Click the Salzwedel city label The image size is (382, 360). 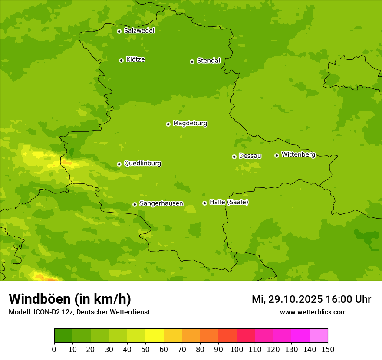click(x=139, y=31)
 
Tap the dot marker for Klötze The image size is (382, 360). click(x=121, y=60)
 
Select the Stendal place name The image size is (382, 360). click(x=209, y=61)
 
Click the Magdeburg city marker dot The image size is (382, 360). click(x=168, y=124)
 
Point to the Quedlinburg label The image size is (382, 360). click(x=142, y=164)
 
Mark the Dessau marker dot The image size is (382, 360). click(x=234, y=157)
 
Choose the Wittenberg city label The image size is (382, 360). click(x=298, y=154)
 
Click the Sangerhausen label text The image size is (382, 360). click(x=161, y=203)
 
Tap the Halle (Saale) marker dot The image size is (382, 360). click(x=204, y=203)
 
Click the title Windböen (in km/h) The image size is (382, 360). click(x=69, y=299)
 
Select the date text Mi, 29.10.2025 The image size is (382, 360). click(x=287, y=299)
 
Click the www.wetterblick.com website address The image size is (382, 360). click(x=313, y=312)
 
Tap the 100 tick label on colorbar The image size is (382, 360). click(x=237, y=349)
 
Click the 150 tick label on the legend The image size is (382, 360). click(x=328, y=349)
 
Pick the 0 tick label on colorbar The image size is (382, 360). click(x=54, y=349)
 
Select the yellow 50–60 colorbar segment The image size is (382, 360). click(x=155, y=336)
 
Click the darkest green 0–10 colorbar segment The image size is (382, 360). click(x=63, y=336)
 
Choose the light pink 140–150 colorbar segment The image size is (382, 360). click(x=319, y=336)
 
